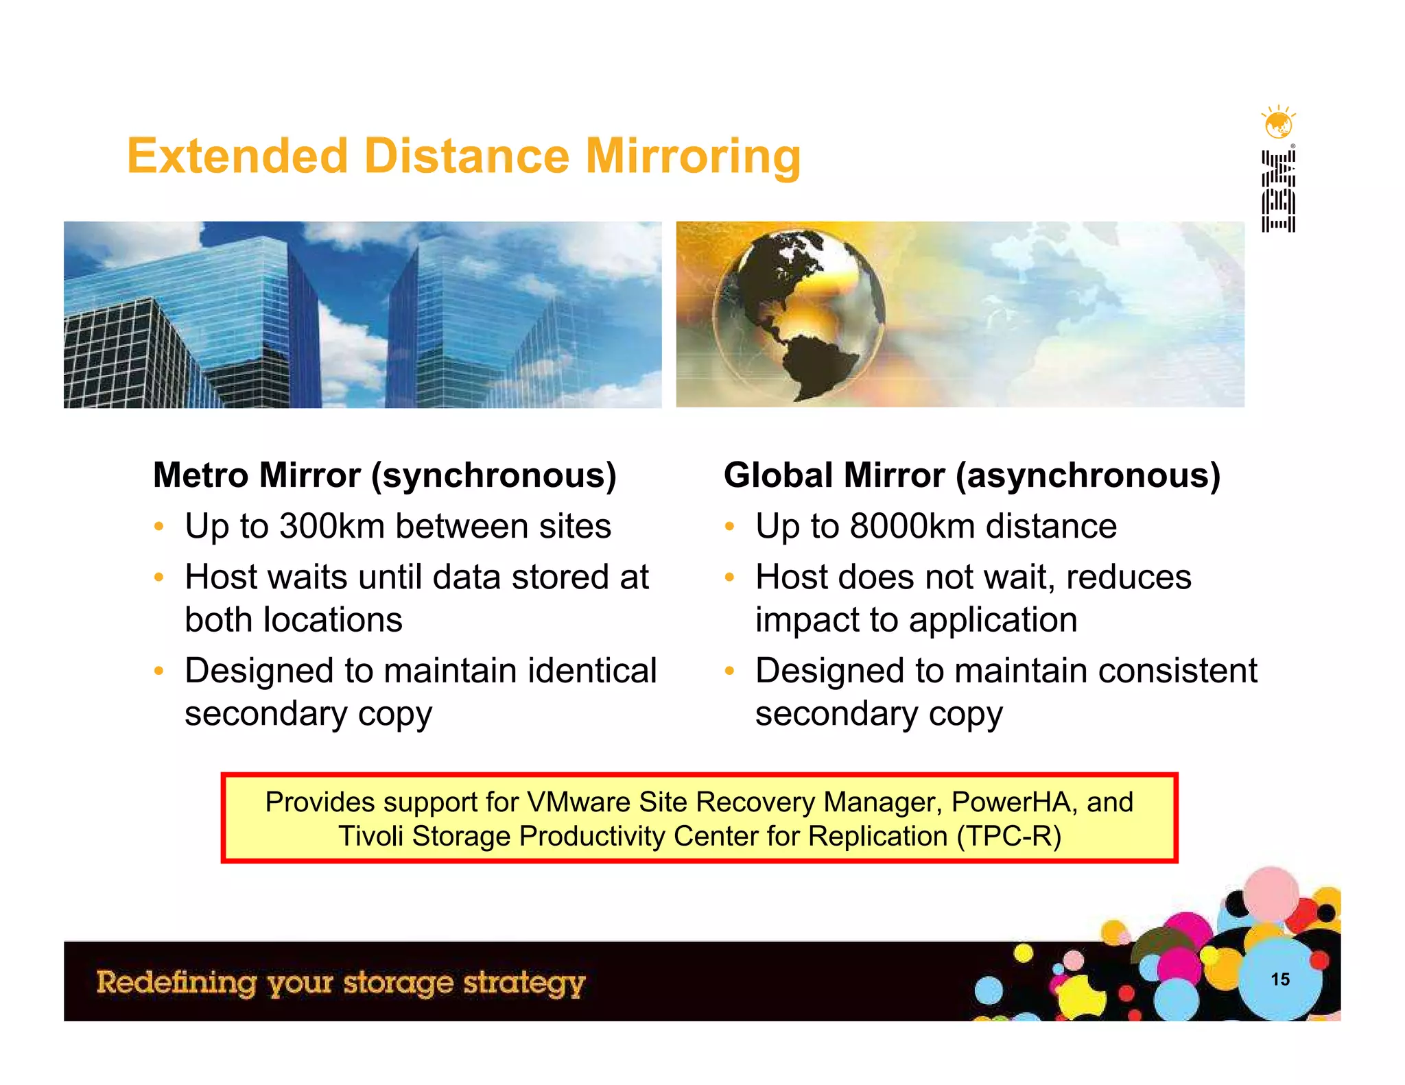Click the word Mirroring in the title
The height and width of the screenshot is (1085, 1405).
pos(693,156)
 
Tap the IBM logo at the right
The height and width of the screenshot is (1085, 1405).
pos(1278,191)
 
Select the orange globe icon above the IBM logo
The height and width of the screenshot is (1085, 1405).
pos(1278,123)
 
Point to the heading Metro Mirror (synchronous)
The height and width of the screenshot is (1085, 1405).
pos(385,475)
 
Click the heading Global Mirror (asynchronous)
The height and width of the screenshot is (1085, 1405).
pos(972,475)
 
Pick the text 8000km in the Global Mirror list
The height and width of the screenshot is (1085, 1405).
pos(912,527)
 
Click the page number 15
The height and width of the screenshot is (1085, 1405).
pos(1280,979)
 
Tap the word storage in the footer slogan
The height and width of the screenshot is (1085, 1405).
pos(398,983)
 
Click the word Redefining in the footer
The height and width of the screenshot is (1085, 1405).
pos(176,983)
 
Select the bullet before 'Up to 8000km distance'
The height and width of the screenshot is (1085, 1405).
pos(729,527)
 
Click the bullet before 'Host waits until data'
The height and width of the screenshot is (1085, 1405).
pos(158,577)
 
